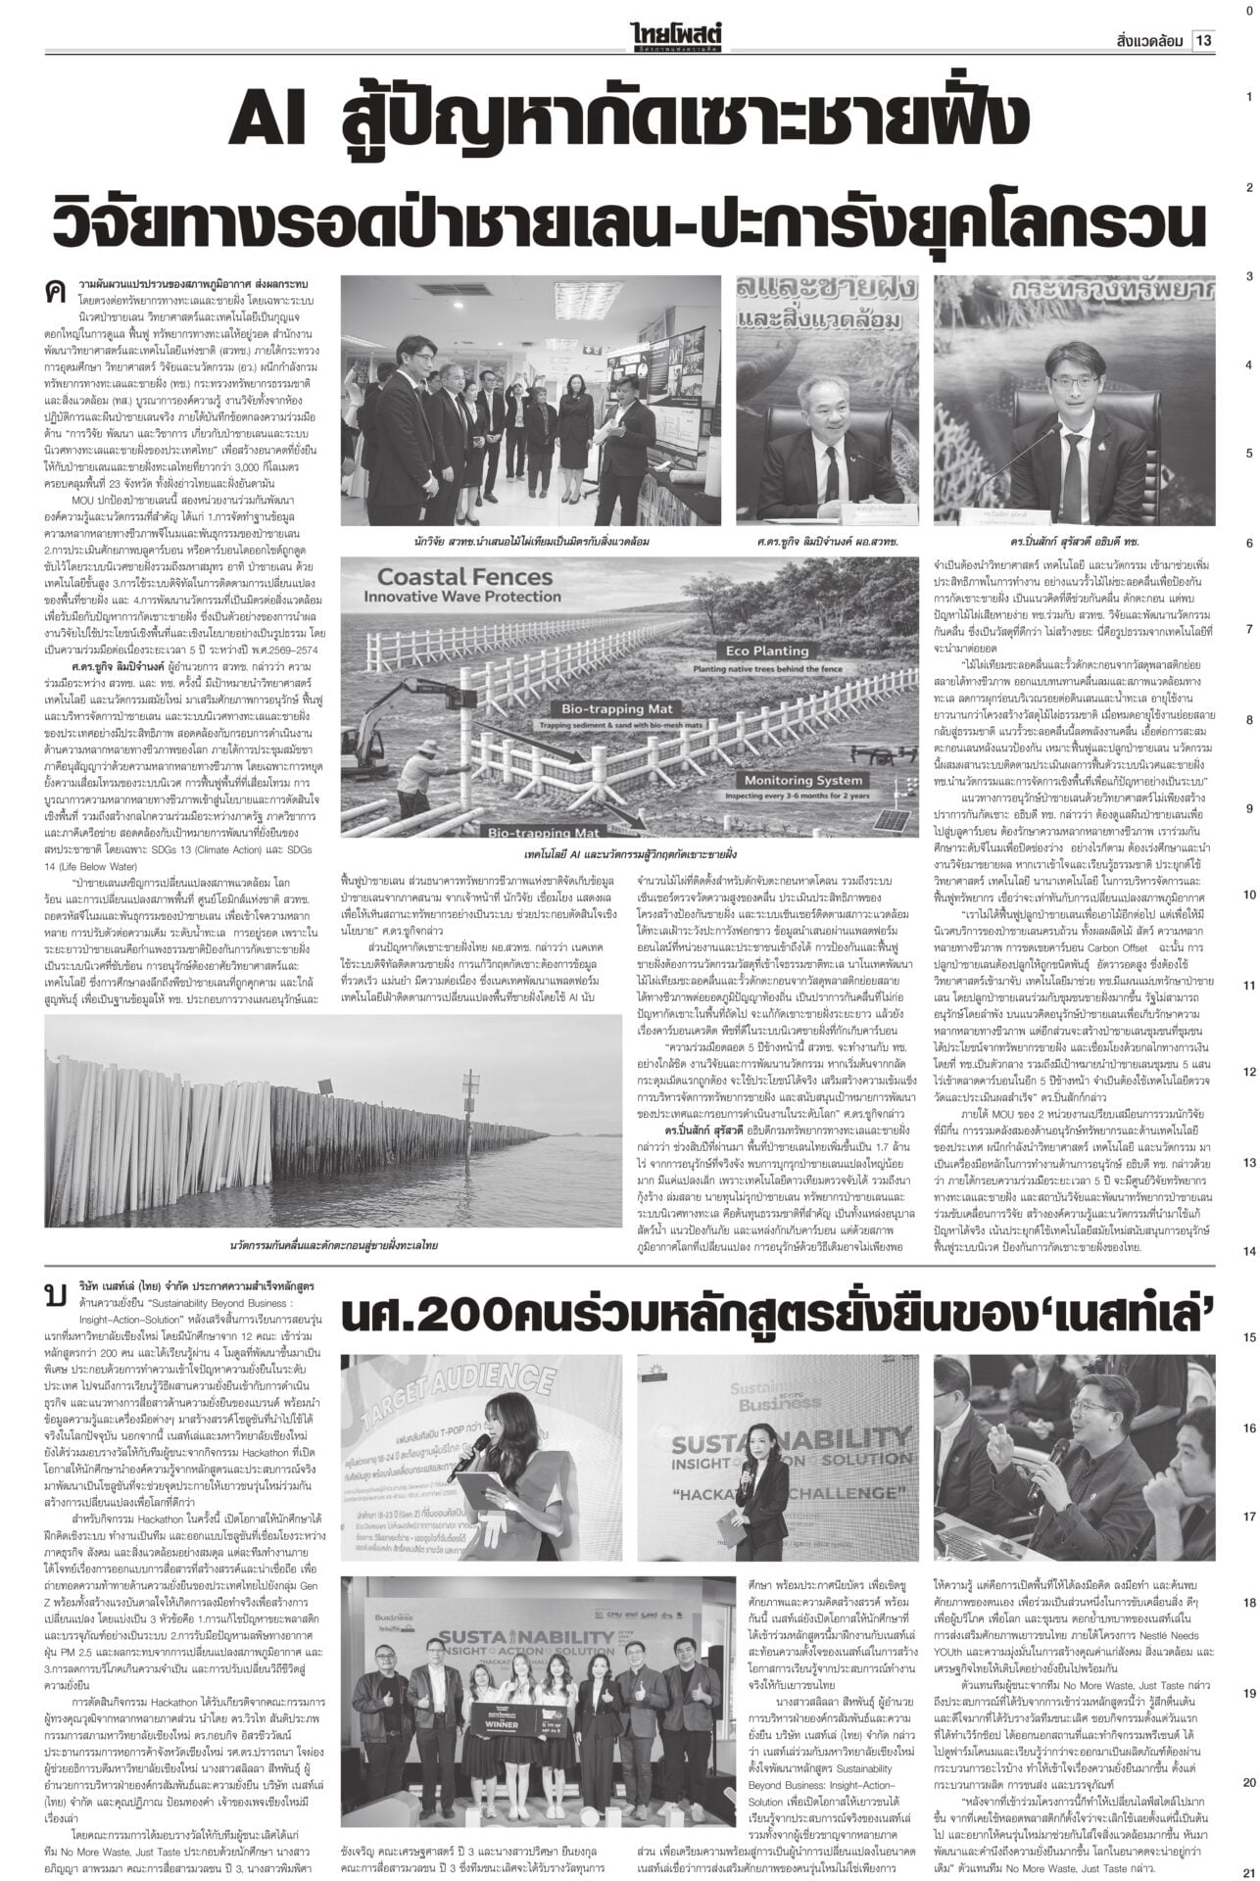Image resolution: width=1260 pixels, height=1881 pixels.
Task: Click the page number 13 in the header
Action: click(1204, 41)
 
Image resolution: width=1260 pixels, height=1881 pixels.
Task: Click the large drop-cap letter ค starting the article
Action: click(55, 265)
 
